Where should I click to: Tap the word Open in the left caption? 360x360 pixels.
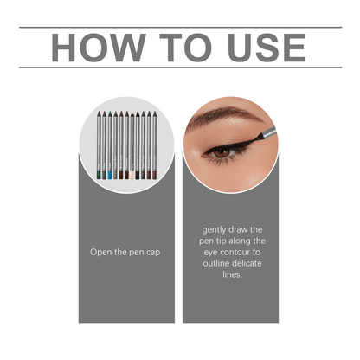click(x=102, y=252)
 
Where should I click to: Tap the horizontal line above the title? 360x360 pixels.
click(x=180, y=28)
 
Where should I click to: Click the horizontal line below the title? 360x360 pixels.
click(x=180, y=67)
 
